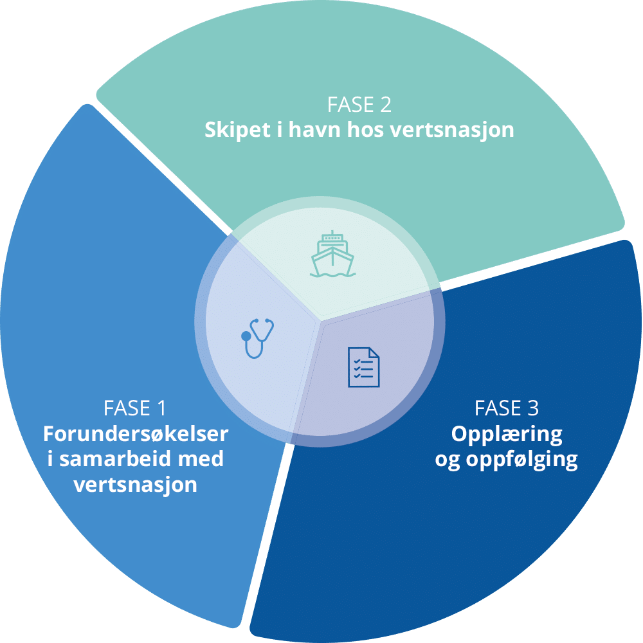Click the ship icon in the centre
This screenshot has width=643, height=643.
(x=332, y=255)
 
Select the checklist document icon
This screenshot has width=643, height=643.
(x=362, y=368)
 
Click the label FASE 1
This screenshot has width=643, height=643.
(x=135, y=408)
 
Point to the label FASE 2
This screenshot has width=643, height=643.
(x=359, y=104)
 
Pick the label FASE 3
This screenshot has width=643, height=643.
(x=507, y=408)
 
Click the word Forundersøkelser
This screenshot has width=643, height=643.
(x=136, y=434)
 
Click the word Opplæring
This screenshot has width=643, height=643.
(x=507, y=435)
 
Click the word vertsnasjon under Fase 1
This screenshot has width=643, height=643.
(x=136, y=485)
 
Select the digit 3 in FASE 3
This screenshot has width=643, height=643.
(x=532, y=408)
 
